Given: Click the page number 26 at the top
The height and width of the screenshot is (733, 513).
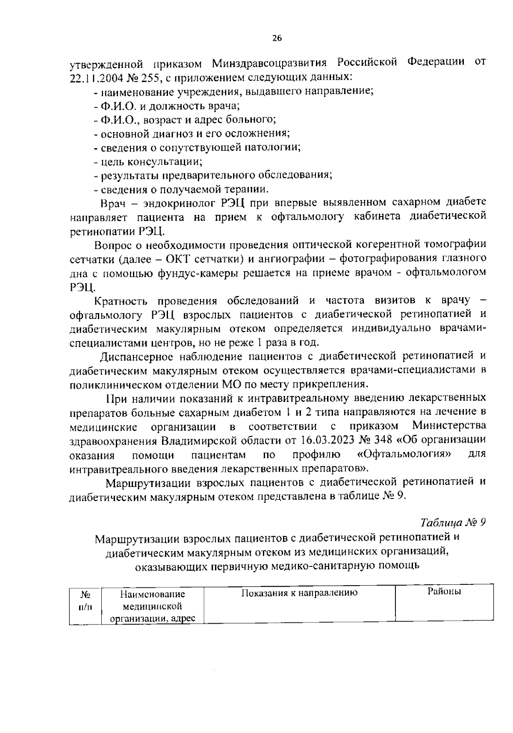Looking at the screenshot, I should pos(277,38).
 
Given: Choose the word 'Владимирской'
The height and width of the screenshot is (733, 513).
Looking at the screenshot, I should pos(213,440).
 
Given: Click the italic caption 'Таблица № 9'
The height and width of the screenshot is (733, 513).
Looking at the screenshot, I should pos(453,523).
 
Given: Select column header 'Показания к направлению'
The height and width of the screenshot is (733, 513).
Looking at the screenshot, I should pos(299,593).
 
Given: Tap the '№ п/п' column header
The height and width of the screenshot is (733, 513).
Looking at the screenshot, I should pos(85,600).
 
